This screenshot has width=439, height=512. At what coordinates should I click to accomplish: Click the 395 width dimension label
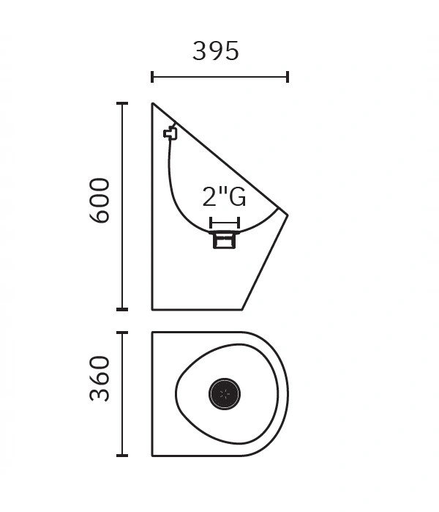216,51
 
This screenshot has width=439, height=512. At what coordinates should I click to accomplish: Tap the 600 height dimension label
100,201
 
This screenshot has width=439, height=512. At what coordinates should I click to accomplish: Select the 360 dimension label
100,379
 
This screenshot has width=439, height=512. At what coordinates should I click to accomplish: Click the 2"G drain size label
224,196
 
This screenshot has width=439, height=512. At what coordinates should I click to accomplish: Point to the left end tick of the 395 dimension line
152,77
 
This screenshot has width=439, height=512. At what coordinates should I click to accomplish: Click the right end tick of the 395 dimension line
288,77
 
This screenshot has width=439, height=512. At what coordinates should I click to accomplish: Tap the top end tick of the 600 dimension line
122,103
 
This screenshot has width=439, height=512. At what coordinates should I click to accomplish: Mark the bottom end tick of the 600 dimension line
122,309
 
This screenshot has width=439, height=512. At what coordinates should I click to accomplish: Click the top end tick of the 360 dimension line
122,333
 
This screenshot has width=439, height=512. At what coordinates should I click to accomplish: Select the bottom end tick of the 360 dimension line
122,455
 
